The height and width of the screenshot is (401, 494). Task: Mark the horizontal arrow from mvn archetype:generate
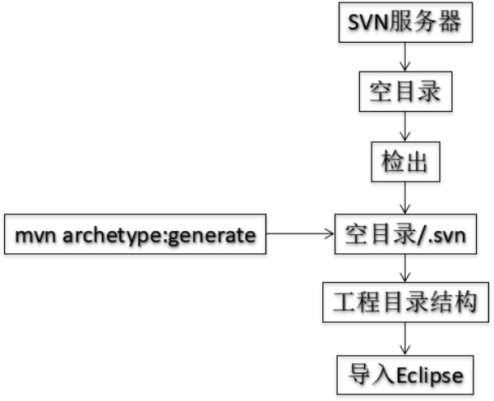[x=301, y=235]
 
